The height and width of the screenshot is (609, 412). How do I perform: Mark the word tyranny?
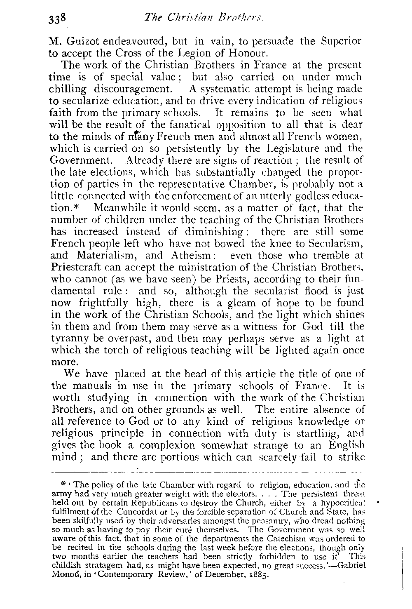click(70, 339)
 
